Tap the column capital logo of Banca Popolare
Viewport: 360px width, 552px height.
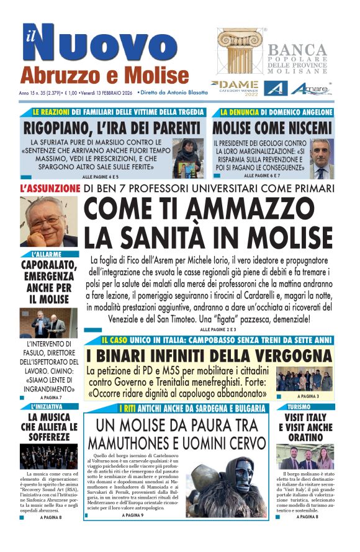pos(240,51)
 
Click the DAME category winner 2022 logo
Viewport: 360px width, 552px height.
pos(235,87)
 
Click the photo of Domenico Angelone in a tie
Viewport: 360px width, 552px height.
pos(321,158)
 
